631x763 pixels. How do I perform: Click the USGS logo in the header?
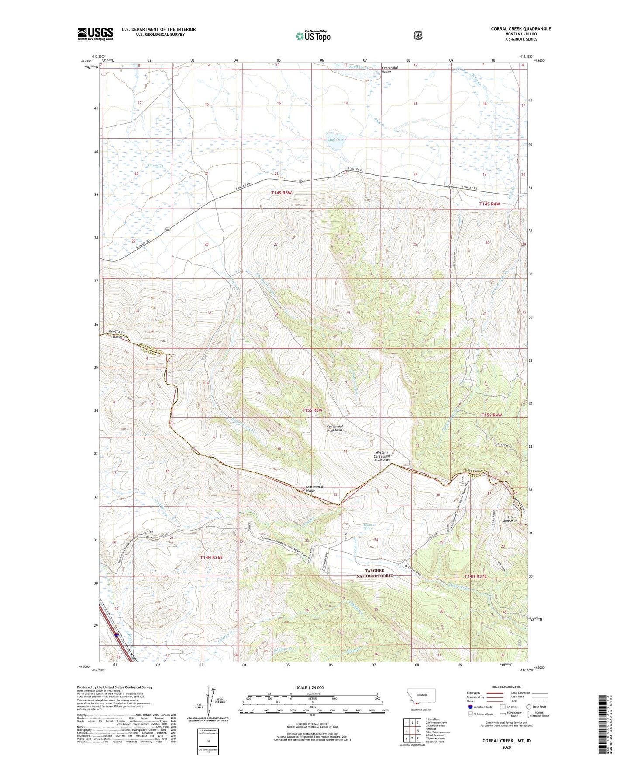tap(95, 33)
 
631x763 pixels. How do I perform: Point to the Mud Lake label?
tap(336, 140)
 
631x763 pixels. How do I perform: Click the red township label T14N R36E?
tap(211, 557)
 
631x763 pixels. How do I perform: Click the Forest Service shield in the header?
tap(418, 35)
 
